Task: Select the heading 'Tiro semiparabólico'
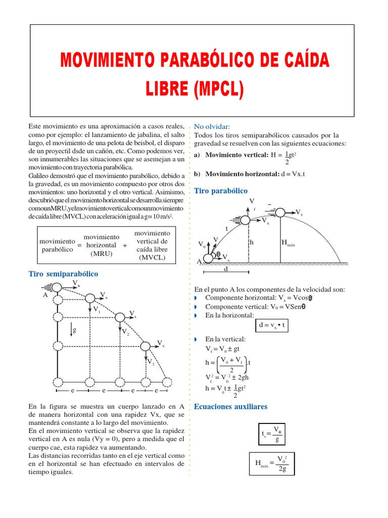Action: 63,274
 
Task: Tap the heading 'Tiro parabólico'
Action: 221,191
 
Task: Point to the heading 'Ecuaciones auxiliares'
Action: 230,407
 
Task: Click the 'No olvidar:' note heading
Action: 212,126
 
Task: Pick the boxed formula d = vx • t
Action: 272,326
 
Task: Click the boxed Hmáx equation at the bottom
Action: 271,463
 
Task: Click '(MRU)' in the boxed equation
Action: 101,253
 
